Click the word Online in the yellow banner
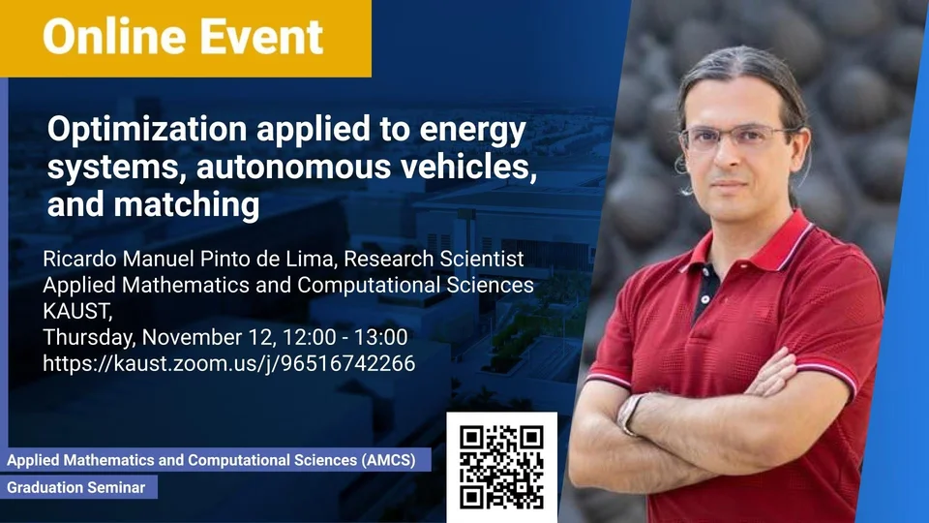tap(106, 36)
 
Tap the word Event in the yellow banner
tap(253, 36)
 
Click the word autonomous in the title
tap(293, 167)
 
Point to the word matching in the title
tap(187, 204)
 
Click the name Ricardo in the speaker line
tap(79, 259)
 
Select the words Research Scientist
tap(434, 259)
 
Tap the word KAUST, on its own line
tap(77, 311)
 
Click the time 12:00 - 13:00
tap(345, 337)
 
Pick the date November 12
tap(209, 337)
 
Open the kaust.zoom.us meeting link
tap(228, 363)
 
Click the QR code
tap(501, 467)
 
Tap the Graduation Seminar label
tap(75, 487)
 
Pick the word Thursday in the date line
tap(89, 337)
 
